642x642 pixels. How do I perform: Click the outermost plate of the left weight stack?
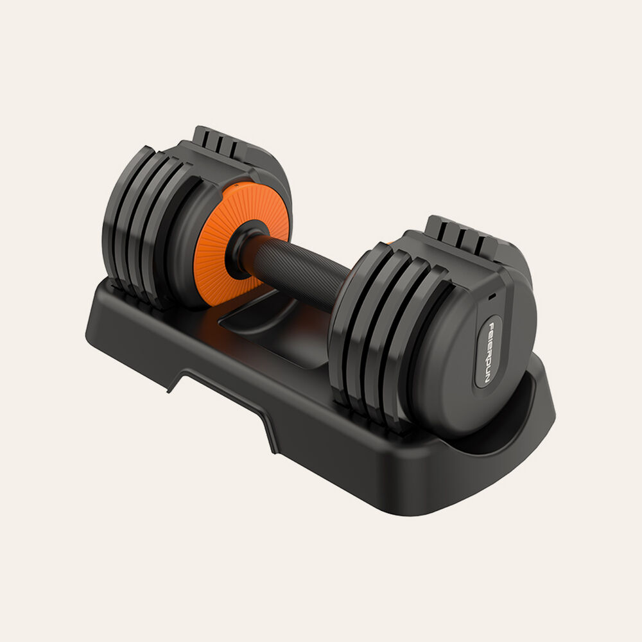(x=122, y=218)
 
